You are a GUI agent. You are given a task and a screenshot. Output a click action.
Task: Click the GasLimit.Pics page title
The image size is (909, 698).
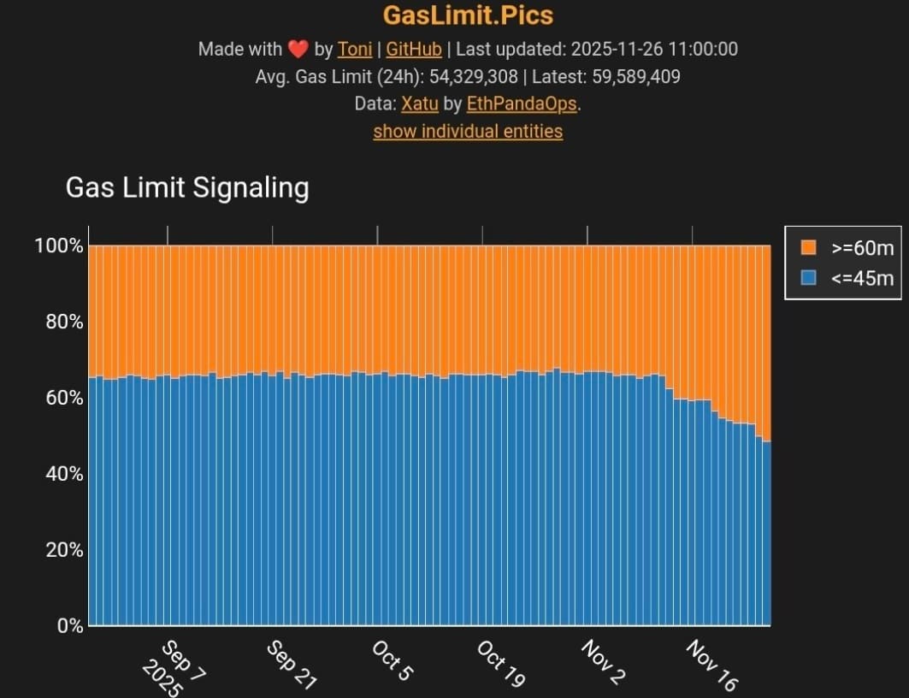click(x=468, y=15)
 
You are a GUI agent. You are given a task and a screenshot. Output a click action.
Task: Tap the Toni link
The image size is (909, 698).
click(x=355, y=49)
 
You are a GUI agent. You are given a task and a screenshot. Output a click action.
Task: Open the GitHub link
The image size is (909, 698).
click(x=414, y=49)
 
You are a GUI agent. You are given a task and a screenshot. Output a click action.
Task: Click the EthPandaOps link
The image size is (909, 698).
click(x=522, y=104)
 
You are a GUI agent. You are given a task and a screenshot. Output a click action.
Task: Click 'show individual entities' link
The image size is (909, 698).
click(x=468, y=131)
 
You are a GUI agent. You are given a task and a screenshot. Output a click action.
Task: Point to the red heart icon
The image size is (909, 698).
click(x=298, y=49)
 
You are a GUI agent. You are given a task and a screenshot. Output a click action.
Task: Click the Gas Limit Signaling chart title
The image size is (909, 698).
click(x=187, y=187)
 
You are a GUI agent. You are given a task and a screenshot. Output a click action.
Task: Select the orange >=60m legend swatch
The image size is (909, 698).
click(x=808, y=248)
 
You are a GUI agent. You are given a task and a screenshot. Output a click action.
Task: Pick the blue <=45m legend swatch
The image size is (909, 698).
click(x=808, y=277)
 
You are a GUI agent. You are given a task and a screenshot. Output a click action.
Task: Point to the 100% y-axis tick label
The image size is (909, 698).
click(x=59, y=246)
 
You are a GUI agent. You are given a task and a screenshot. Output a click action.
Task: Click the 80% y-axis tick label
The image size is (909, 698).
click(x=63, y=322)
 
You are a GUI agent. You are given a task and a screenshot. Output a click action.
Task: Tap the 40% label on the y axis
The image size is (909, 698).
click(x=63, y=474)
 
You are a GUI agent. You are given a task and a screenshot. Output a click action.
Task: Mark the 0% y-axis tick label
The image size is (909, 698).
click(x=68, y=626)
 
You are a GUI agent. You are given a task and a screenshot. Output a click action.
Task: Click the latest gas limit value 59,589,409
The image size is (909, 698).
click(x=636, y=77)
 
